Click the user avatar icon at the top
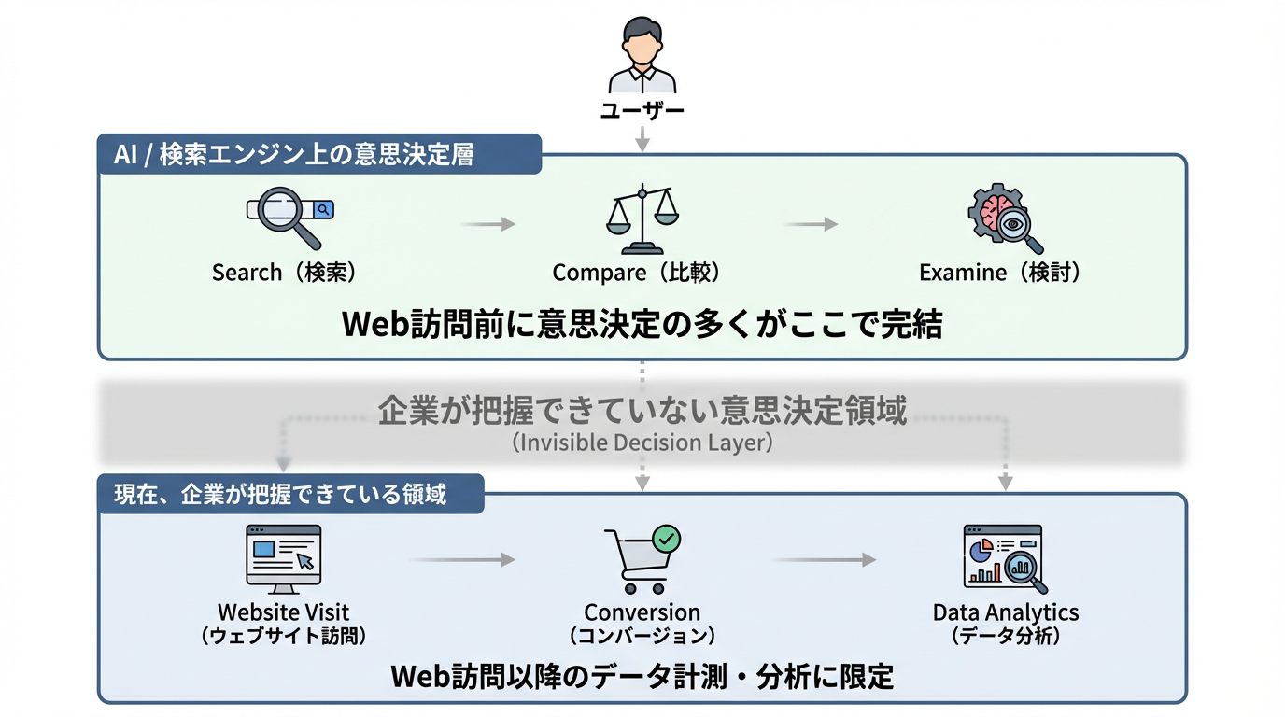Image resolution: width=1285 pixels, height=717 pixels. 642,54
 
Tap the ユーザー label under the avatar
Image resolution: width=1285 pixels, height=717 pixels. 642,112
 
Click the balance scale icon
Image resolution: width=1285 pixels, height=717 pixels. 642,220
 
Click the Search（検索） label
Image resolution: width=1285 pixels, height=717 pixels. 284,273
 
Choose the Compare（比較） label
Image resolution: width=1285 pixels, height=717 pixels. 636,273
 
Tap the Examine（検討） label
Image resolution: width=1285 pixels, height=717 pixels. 999,273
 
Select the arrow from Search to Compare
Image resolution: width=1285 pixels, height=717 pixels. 487,224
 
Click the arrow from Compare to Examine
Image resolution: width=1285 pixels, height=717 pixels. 810,224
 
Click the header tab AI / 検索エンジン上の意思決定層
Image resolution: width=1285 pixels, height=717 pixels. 319,154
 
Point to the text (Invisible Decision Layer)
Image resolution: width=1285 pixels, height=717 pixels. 642,443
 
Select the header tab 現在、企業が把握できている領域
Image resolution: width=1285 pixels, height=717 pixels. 290,494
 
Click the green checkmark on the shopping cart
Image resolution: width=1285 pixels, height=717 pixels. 666,538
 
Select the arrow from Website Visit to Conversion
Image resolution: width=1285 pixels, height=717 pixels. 462,560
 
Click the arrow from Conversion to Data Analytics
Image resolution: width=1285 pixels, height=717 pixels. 824,560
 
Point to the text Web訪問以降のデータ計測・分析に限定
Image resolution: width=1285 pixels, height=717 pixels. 642,676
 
